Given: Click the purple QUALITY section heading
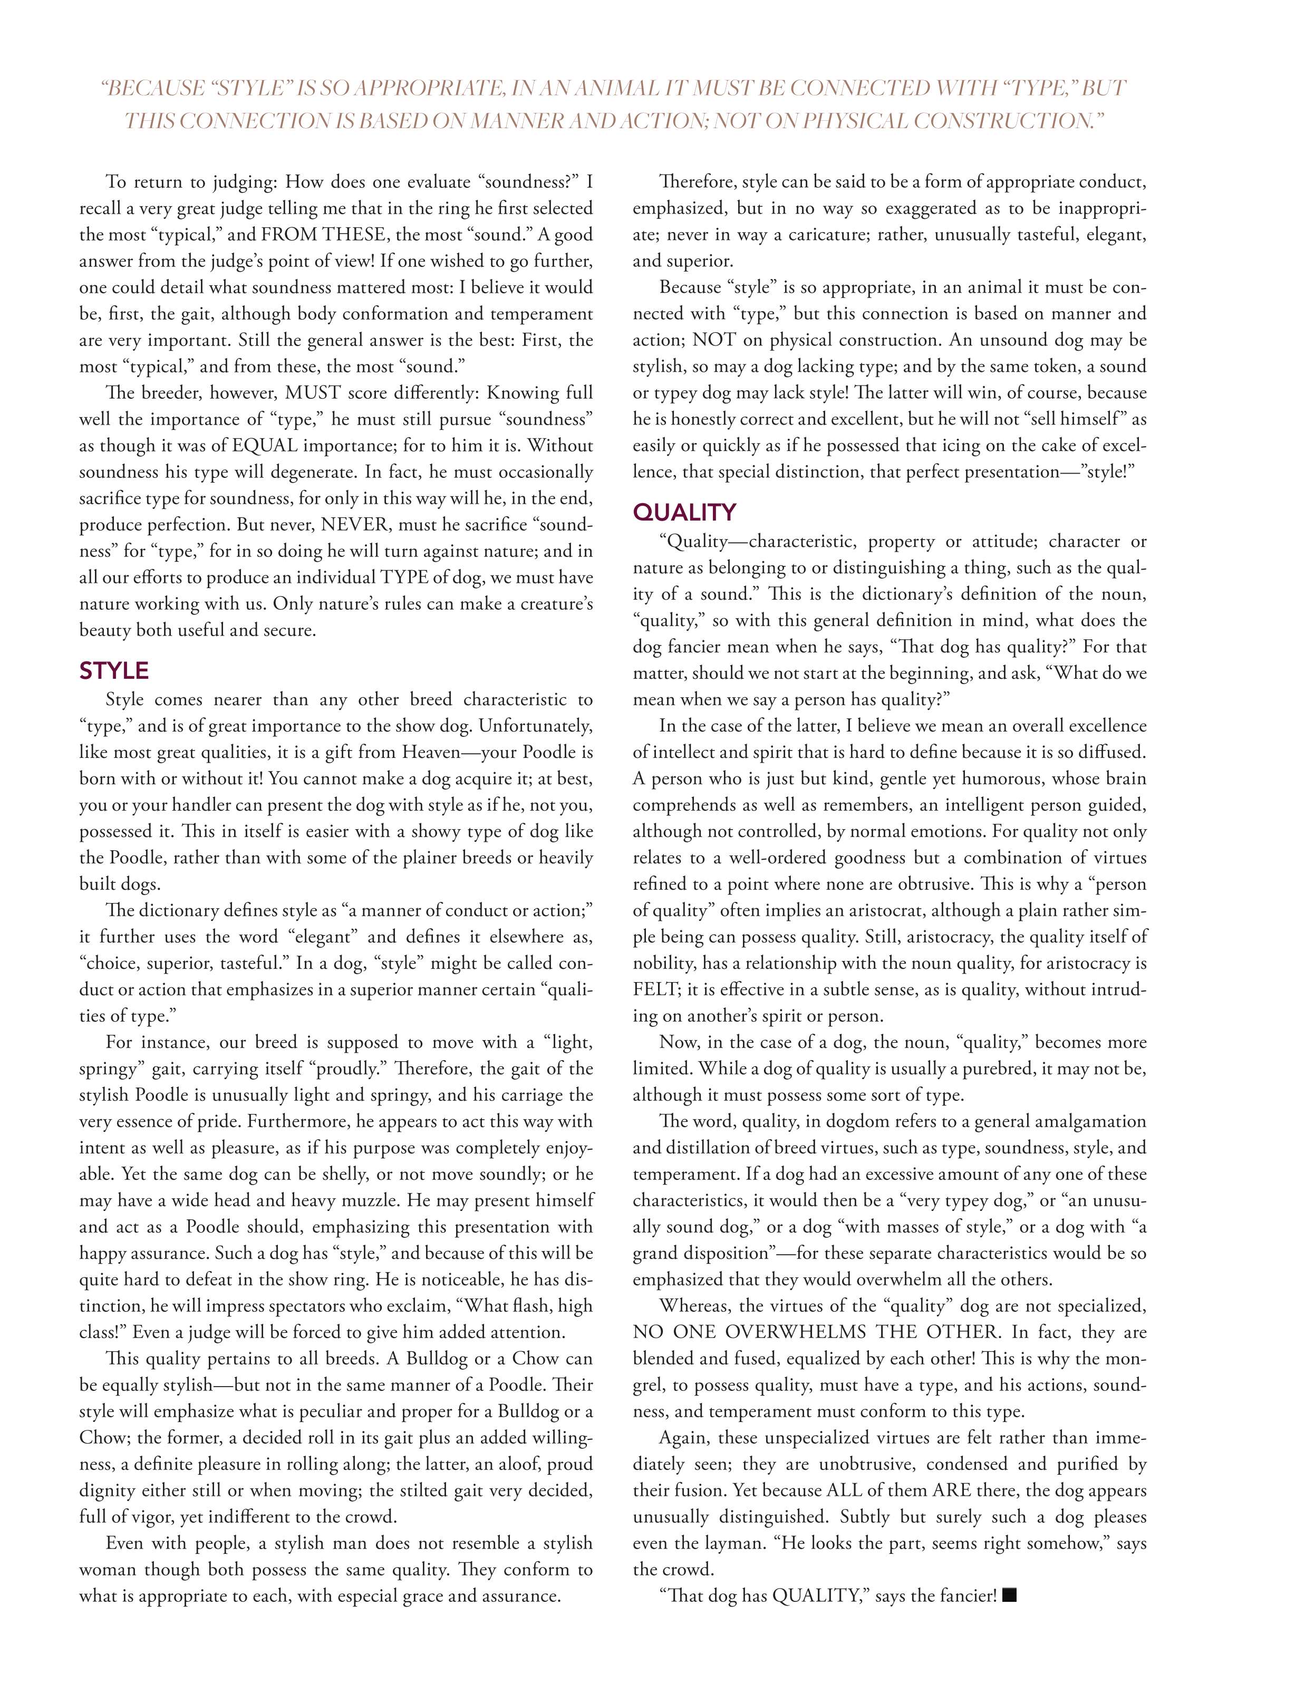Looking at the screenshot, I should (684, 512).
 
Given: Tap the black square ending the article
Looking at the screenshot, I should (1010, 1596).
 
